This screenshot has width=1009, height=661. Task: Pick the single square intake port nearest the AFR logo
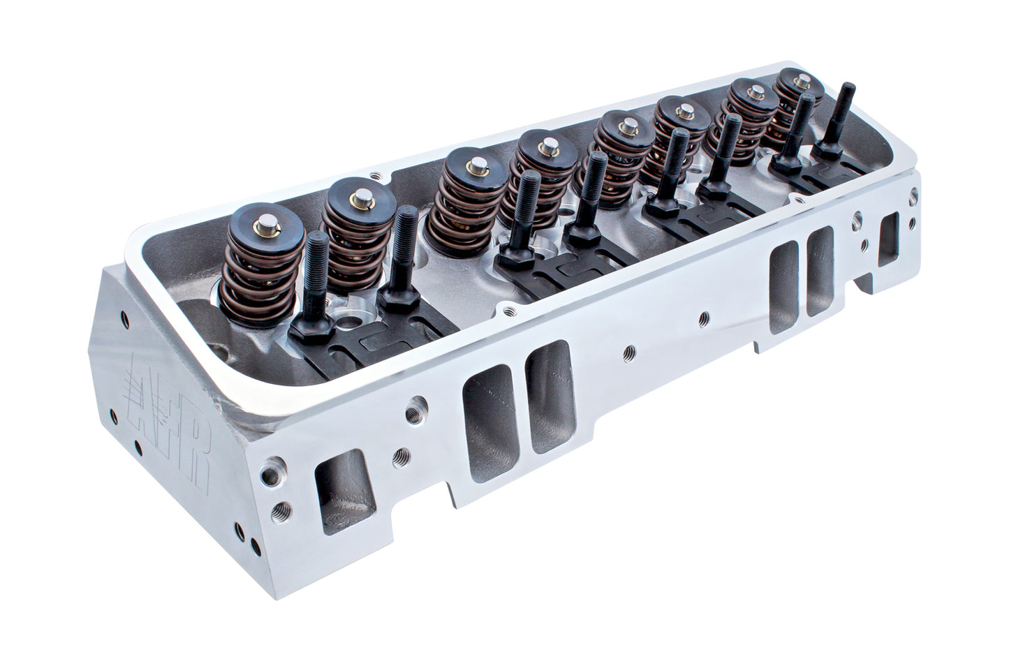[339, 493]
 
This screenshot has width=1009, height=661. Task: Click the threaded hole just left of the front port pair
[420, 404]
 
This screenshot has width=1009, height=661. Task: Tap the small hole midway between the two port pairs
[631, 350]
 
